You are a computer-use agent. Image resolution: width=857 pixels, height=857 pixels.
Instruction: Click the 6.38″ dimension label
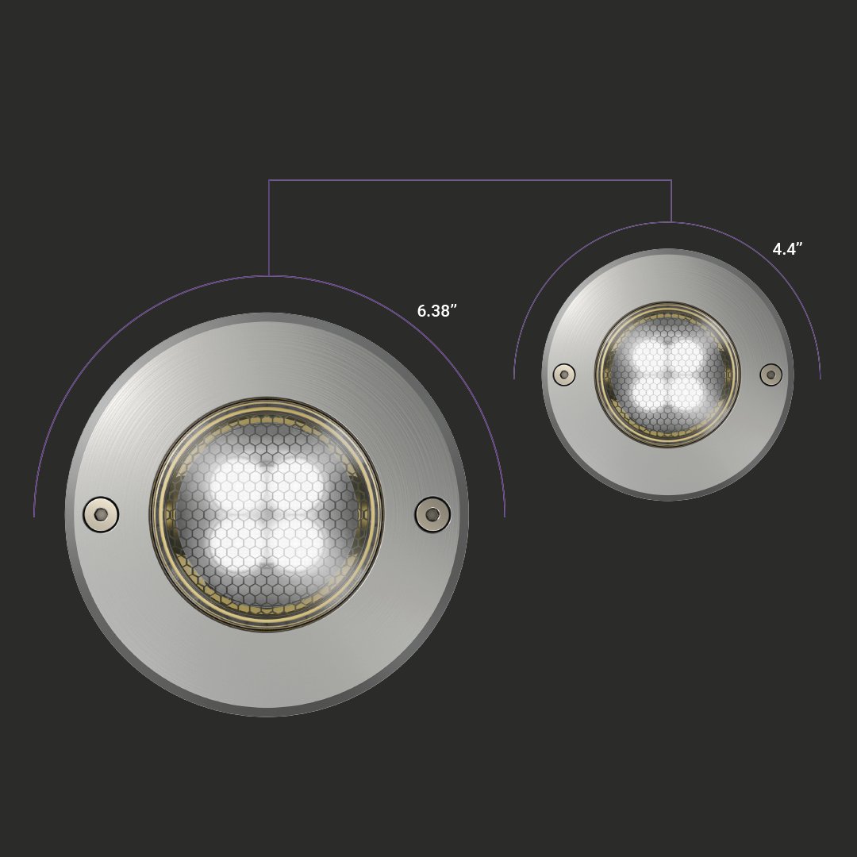pyautogui.click(x=437, y=311)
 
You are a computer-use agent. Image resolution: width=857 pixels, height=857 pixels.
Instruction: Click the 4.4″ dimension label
pyautogui.click(x=787, y=249)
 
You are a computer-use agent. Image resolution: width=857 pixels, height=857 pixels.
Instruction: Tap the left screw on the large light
pyautogui.click(x=101, y=514)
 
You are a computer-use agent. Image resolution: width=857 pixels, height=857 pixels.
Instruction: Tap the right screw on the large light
pyautogui.click(x=432, y=514)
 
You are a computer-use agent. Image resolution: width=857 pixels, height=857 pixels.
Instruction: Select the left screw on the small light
pyautogui.click(x=564, y=375)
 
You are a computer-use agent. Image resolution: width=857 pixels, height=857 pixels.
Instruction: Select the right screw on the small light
pyautogui.click(x=771, y=375)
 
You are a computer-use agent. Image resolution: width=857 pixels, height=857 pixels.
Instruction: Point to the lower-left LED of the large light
pyautogui.click(x=236, y=546)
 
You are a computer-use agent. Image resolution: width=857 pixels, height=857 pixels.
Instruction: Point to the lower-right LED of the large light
pyautogui.click(x=299, y=546)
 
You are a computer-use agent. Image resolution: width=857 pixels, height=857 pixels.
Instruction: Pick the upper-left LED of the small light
pyautogui.click(x=648, y=355)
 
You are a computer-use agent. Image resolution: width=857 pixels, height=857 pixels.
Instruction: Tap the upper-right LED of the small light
pyautogui.click(x=686, y=355)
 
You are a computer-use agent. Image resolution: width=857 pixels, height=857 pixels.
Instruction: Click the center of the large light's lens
pyautogui.click(x=267, y=515)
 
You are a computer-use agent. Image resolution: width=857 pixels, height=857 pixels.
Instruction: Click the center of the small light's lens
pyautogui.click(x=667, y=375)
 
